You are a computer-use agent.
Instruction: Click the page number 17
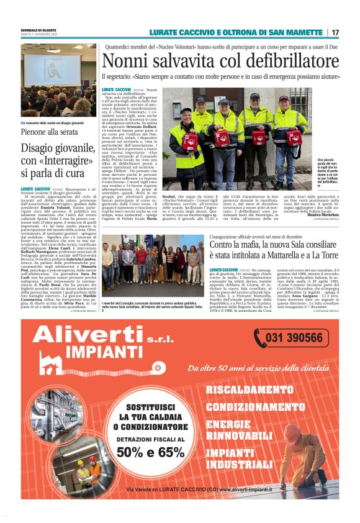335,32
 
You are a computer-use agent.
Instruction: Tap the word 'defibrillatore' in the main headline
292,61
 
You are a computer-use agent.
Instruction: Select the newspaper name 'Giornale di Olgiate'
38,30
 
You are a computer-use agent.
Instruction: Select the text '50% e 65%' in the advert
149,452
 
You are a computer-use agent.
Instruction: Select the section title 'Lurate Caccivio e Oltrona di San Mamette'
237,32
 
